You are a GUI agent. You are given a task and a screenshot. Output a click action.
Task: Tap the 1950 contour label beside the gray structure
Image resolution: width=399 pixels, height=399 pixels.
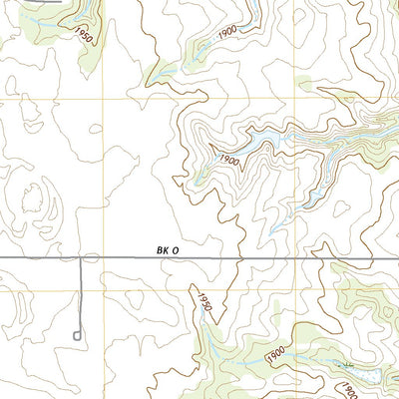click(82, 35)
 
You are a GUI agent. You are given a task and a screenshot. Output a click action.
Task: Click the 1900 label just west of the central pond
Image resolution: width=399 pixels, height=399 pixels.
click(227, 159)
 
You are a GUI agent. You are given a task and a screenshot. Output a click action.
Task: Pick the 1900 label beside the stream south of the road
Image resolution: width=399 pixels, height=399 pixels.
click(276, 354)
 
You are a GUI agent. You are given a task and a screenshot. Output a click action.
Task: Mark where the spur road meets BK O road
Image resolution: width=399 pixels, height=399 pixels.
click(82, 258)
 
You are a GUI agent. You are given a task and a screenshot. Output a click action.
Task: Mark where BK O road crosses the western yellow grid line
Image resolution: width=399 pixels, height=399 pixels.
click(104, 258)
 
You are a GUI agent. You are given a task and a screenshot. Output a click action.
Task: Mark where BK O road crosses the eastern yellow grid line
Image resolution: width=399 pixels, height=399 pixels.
click(296, 258)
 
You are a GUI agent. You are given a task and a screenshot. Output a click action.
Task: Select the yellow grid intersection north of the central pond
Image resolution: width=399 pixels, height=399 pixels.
click(296, 100)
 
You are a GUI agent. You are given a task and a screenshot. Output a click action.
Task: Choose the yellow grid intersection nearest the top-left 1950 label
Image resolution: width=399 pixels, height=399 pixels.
click(104, 100)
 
